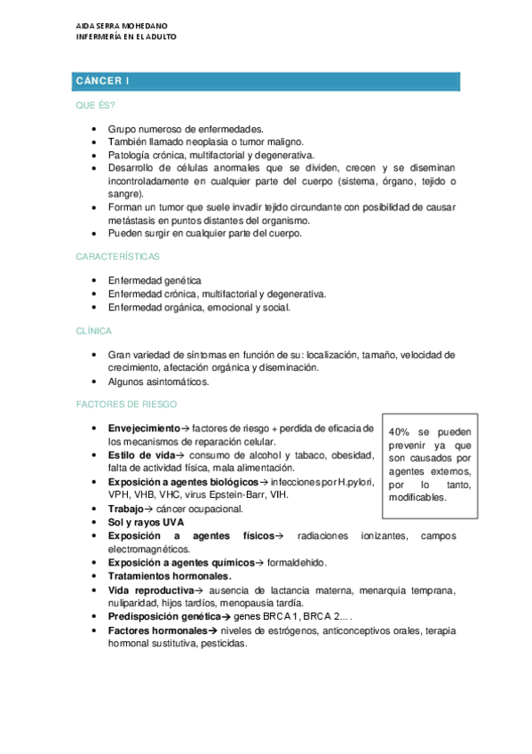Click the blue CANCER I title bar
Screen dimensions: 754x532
coord(266,82)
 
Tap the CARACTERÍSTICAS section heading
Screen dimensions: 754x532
coord(117,256)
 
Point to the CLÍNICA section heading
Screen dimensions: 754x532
coord(93,331)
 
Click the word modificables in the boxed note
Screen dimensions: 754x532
coord(417,497)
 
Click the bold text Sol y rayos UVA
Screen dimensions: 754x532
coord(147,522)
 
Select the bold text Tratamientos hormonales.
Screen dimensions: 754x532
coord(170,576)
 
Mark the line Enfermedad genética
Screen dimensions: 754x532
coord(155,279)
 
